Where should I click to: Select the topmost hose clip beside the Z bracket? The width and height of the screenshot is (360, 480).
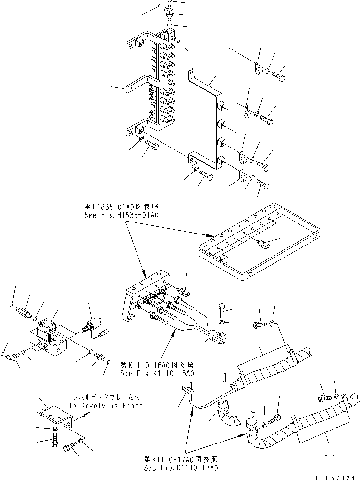258,69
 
